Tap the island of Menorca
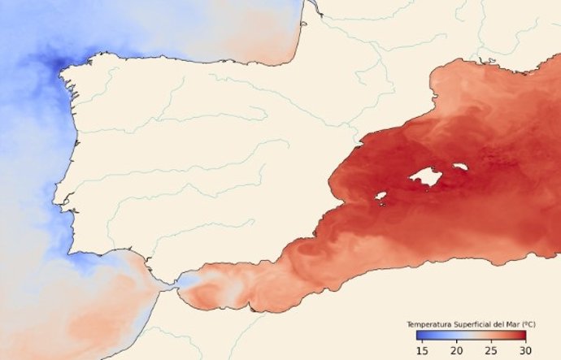click(461, 167)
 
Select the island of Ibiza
click(380, 195)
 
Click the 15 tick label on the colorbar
click(421, 349)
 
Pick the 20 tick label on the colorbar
click(457, 349)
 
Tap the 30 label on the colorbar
click(526, 349)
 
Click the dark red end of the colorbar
click(523, 336)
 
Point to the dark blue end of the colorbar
click(418, 336)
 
